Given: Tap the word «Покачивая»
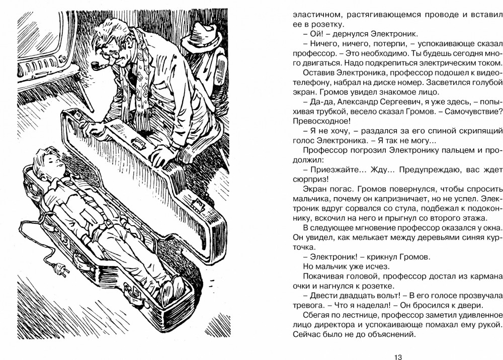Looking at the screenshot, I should coord(326,276).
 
